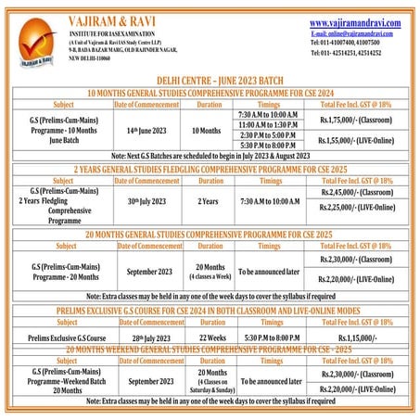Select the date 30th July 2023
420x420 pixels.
pos(146,201)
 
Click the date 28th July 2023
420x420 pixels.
pos(146,337)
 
